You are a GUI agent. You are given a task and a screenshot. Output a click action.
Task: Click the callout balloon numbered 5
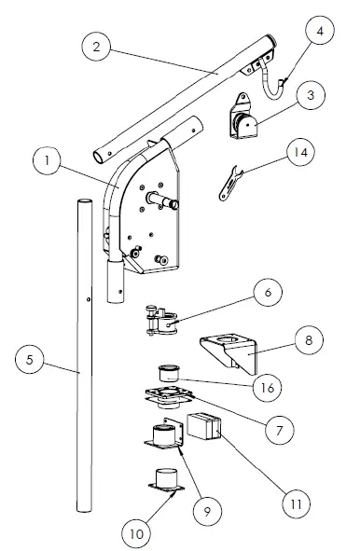[x=32, y=357]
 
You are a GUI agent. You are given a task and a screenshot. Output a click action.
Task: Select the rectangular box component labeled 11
[x=204, y=428]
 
